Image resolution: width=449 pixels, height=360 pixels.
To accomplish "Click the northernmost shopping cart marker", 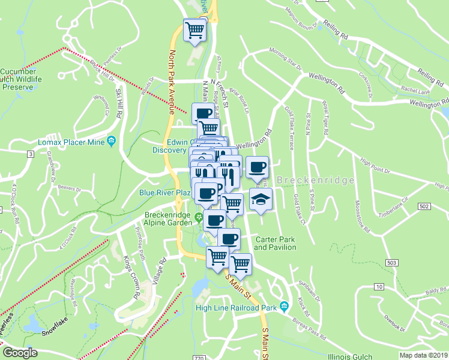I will click(x=195, y=29).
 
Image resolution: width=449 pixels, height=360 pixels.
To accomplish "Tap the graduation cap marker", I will click(x=260, y=200).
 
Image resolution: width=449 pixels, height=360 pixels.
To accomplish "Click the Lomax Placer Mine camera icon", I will click(x=112, y=141).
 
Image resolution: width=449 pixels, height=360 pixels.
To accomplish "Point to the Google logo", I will click(x=20, y=352).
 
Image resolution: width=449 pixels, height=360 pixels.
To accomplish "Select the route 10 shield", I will click(x=379, y=288).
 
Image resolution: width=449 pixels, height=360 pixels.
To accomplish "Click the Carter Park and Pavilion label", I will click(x=276, y=243).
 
